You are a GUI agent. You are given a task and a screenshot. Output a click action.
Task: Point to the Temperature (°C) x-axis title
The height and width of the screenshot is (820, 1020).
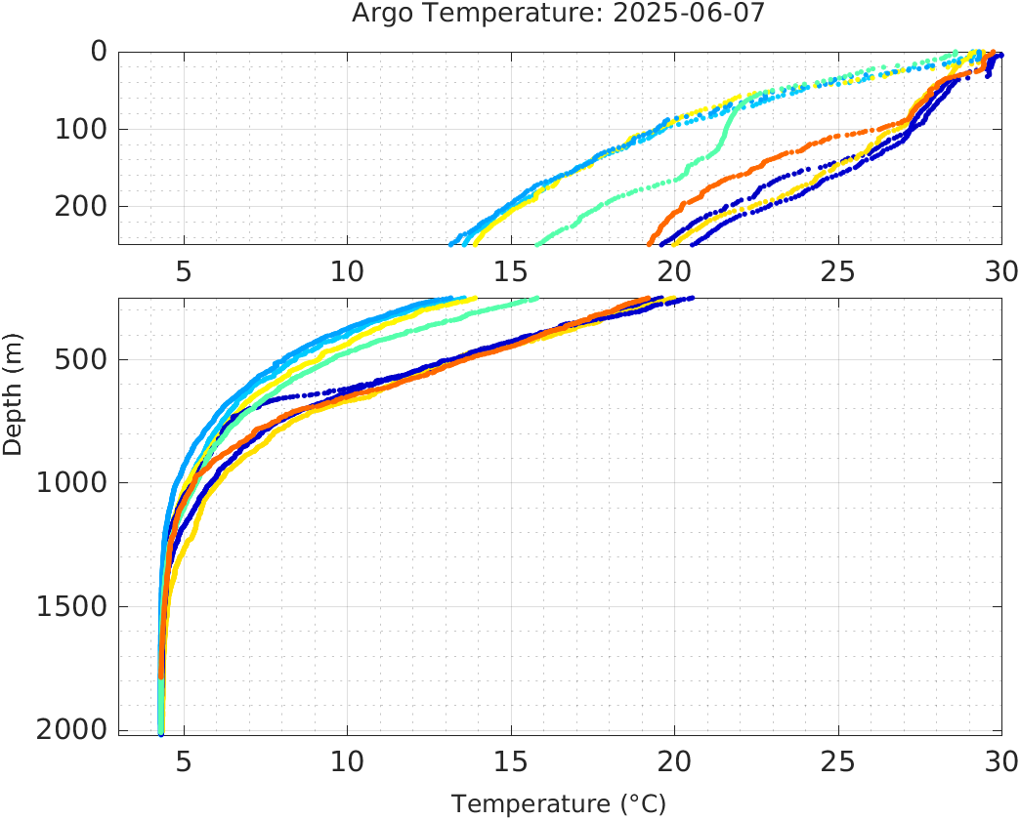[559, 804]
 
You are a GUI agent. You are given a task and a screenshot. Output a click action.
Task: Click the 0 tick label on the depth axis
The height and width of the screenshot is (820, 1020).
[100, 52]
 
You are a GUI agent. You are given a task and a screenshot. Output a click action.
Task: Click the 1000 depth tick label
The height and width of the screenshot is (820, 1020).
[72, 483]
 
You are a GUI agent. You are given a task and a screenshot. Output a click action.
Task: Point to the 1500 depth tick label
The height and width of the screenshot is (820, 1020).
[72, 606]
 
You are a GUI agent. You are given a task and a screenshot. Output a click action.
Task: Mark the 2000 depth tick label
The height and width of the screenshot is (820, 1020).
[72, 730]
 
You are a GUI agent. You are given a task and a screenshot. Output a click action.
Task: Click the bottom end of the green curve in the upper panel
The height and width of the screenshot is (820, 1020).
[535, 243]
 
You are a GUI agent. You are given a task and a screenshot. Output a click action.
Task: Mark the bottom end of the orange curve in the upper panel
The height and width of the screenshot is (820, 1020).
[650, 243]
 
